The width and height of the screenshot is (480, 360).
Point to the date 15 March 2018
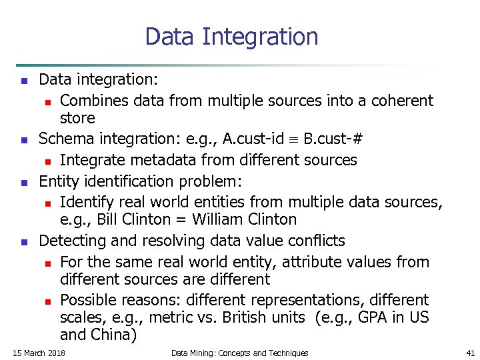[39, 353]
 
